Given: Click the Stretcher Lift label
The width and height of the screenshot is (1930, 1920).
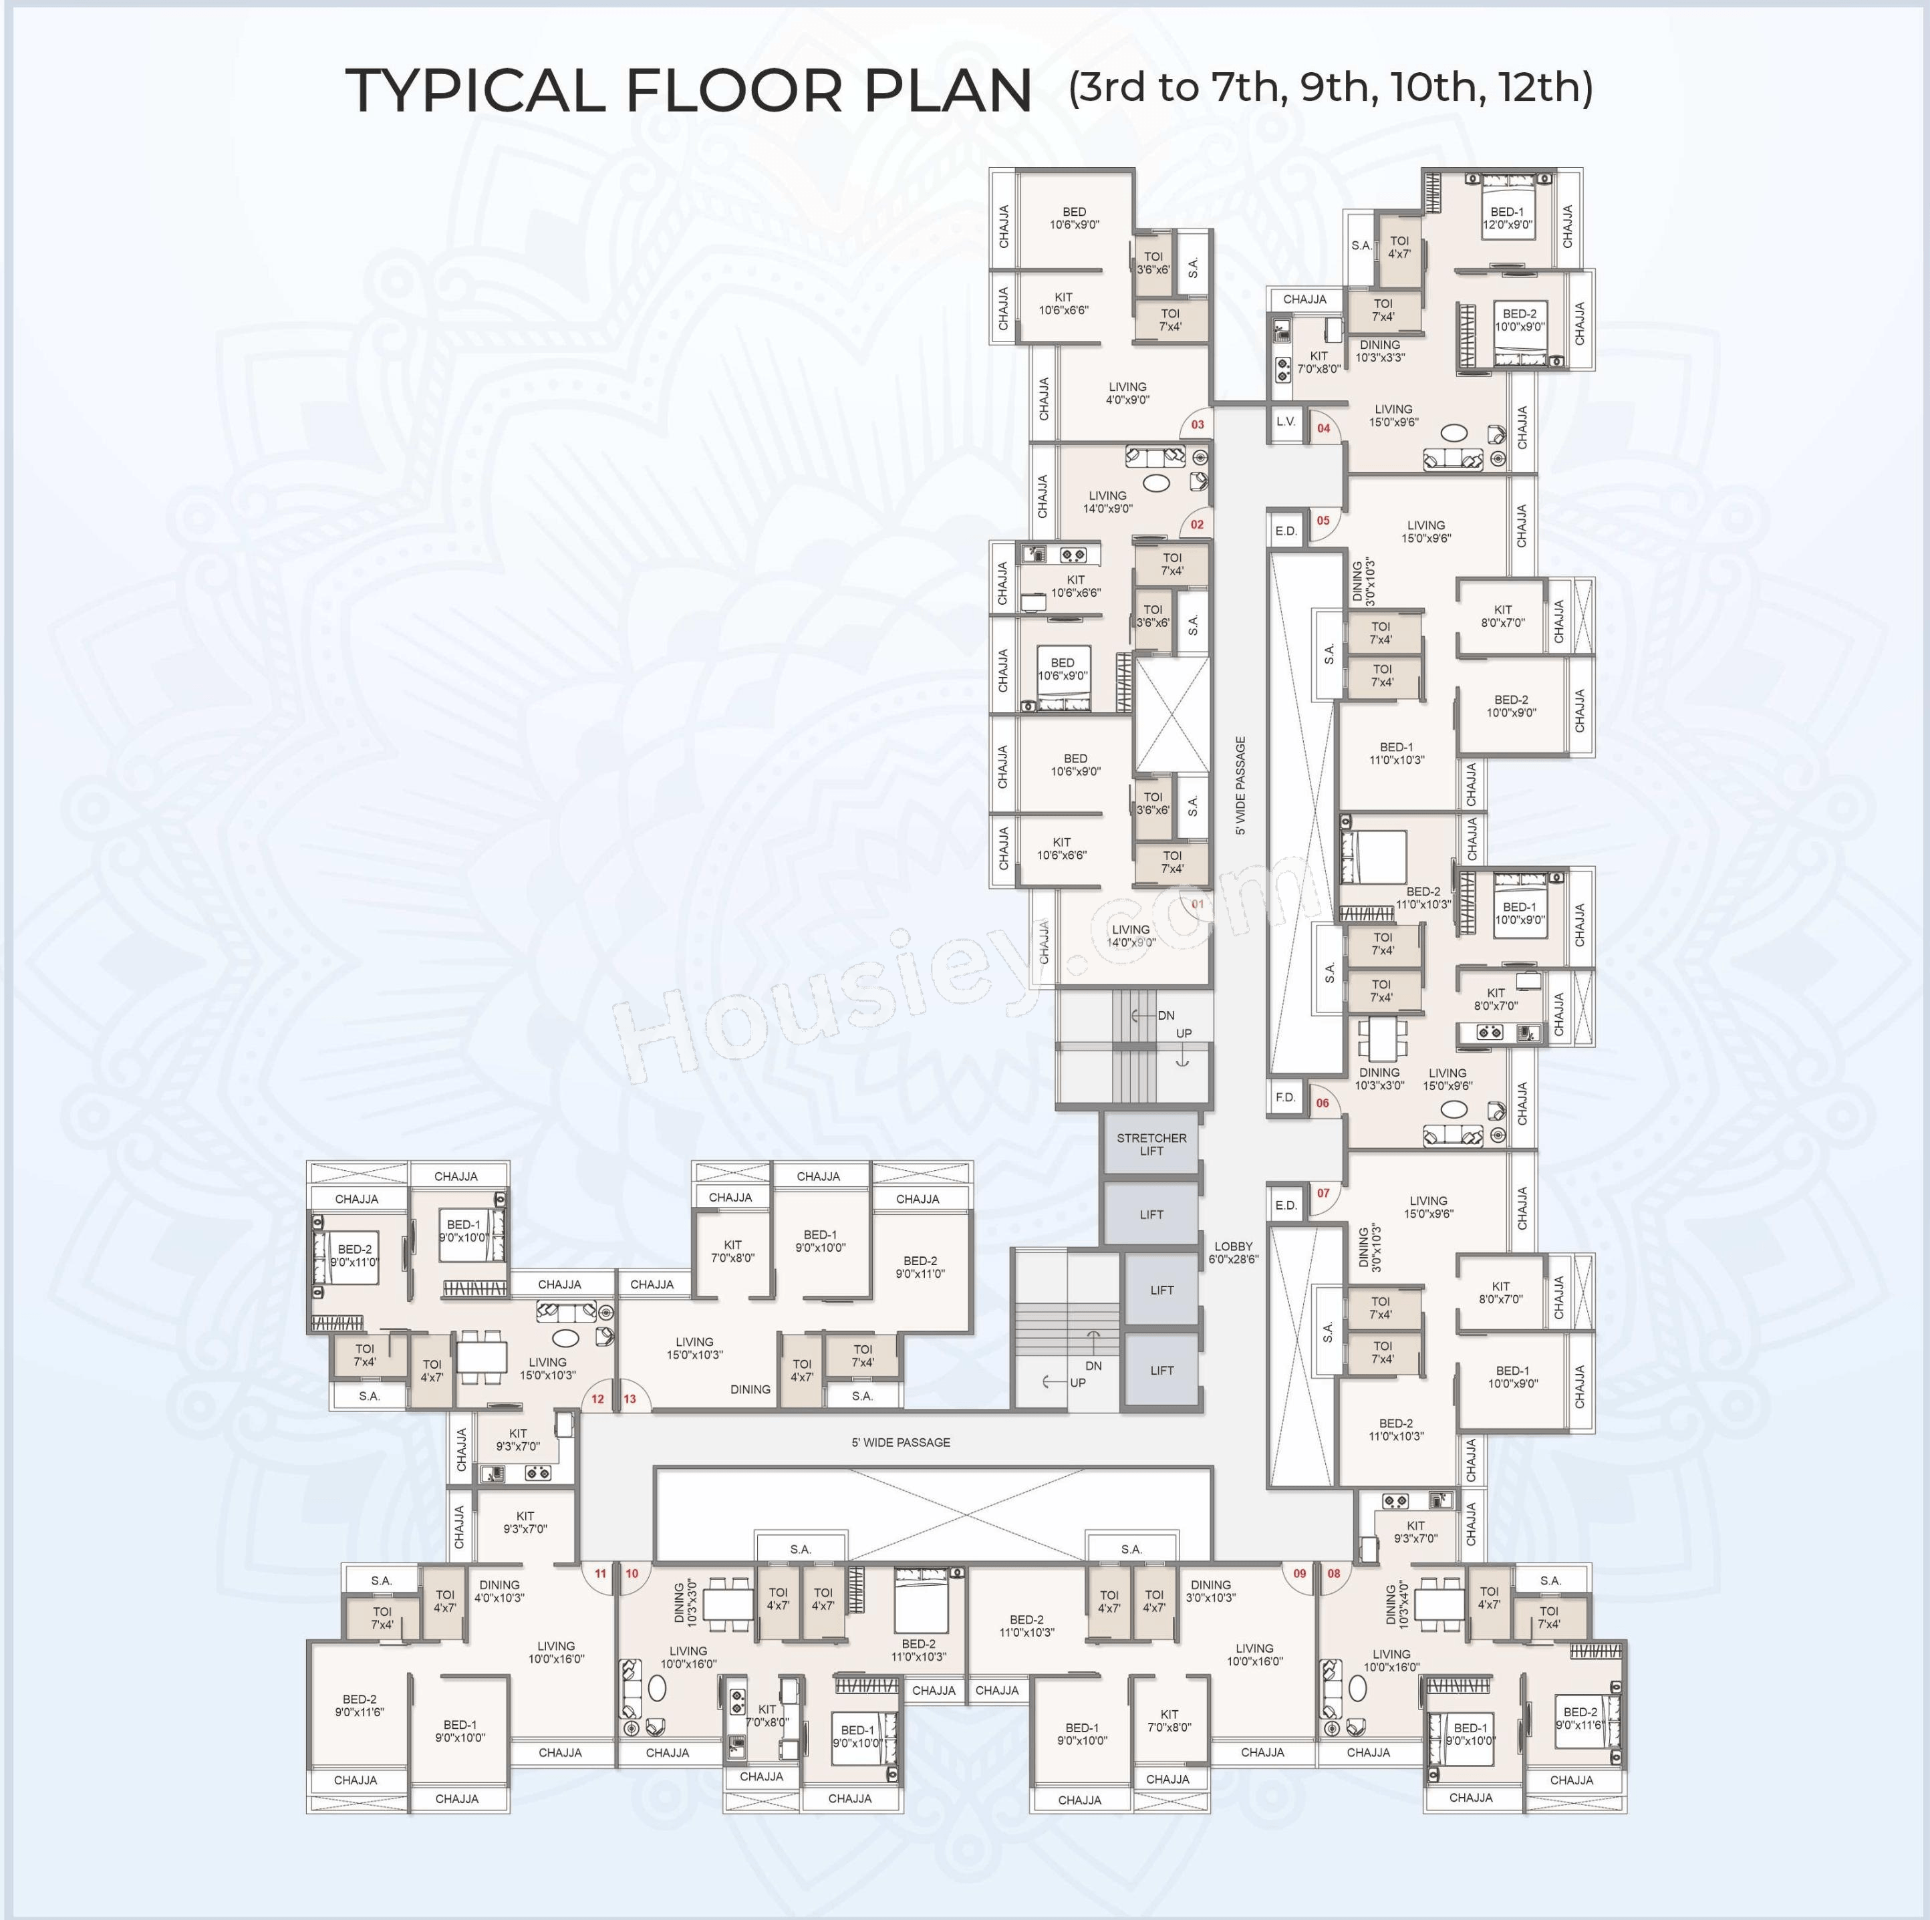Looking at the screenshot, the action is [1152, 1144].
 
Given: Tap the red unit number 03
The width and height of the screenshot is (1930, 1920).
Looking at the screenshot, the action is [1198, 424].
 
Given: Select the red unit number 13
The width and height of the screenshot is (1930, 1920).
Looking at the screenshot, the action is [630, 1399].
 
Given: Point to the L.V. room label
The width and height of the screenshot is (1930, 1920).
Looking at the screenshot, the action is [1286, 422].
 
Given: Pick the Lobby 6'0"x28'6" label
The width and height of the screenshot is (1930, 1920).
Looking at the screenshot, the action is [1234, 1252].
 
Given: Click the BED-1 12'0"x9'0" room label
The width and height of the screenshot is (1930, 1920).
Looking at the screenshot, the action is [1508, 219].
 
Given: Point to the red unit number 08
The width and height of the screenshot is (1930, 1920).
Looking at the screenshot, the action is [1334, 1573].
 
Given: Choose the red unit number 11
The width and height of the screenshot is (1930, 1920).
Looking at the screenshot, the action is [600, 1573].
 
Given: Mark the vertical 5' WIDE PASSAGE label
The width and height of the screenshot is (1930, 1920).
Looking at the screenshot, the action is [1241, 785].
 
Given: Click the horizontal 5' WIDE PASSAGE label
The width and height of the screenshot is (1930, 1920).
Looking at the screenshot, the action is [901, 1442].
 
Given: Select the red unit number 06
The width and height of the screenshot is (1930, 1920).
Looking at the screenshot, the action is [1323, 1103].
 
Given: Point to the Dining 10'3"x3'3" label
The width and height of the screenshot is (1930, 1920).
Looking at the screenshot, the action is [1381, 351].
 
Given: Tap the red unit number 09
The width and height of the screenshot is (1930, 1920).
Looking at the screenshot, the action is [1300, 1573].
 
